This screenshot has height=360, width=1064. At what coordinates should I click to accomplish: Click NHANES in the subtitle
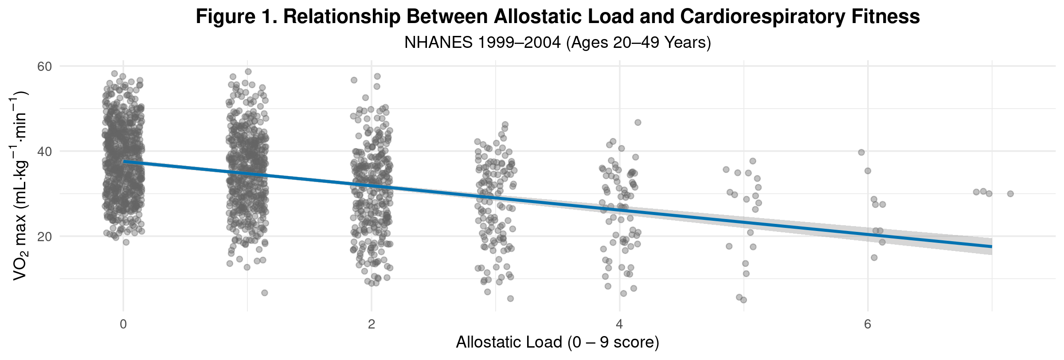click(x=438, y=43)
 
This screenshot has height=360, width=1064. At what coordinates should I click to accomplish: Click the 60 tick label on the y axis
click(x=45, y=67)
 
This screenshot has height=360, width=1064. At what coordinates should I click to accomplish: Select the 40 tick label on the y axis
click(x=45, y=152)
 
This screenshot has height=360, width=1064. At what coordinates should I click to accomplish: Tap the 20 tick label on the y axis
click(x=45, y=237)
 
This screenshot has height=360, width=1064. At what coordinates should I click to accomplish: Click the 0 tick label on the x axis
click(x=123, y=324)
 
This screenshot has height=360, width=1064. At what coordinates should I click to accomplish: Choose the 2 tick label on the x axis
click(x=372, y=324)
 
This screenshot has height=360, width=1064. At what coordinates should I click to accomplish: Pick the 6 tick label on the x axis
click(x=868, y=324)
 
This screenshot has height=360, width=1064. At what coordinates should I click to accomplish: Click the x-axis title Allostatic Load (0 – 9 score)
click(x=557, y=343)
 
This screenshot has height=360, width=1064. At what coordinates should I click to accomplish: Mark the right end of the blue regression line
click(x=991, y=247)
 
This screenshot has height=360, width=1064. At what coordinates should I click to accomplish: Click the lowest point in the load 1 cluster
click(x=265, y=293)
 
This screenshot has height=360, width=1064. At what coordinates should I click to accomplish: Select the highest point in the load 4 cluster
click(x=638, y=122)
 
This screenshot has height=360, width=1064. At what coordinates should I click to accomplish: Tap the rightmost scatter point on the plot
click(x=1010, y=194)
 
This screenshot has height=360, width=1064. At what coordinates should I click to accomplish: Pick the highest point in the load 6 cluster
click(x=861, y=153)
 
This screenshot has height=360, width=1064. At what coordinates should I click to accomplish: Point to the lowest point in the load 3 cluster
click(x=510, y=298)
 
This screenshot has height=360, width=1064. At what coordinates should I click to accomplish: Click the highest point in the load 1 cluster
click(x=248, y=71)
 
